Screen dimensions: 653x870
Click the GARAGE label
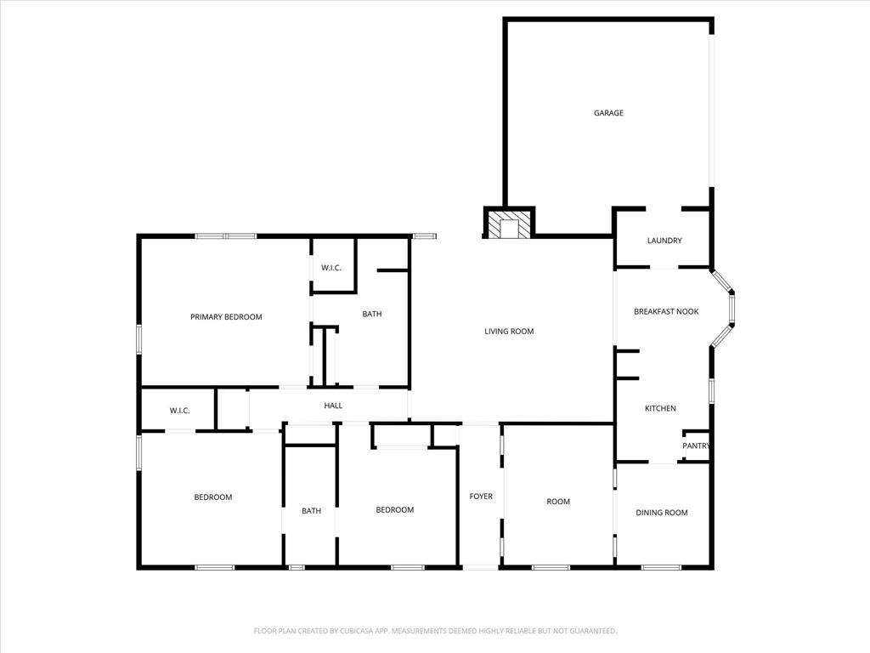pos(608,113)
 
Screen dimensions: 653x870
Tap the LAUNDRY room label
pos(664,241)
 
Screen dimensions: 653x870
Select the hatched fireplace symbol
pos(509,225)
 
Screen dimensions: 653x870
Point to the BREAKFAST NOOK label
pos(666,312)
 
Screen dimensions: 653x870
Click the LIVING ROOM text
pos(509,332)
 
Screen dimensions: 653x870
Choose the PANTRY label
pos(697,446)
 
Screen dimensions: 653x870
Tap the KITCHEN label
pos(660,409)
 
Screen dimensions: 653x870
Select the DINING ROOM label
pos(662,513)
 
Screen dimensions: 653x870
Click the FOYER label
pos(481,497)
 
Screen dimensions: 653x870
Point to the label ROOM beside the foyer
pos(558,502)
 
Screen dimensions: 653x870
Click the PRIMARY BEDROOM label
pos(226,317)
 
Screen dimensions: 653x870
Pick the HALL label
pos(333,406)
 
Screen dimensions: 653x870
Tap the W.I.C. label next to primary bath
pos(331,269)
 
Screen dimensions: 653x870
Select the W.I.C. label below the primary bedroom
pos(179,411)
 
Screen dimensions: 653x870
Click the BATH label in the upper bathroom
pos(372,314)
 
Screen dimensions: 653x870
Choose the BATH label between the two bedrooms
pos(311,511)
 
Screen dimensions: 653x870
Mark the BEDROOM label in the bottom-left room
pos(213,497)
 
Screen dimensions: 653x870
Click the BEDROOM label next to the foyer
pos(395,510)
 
